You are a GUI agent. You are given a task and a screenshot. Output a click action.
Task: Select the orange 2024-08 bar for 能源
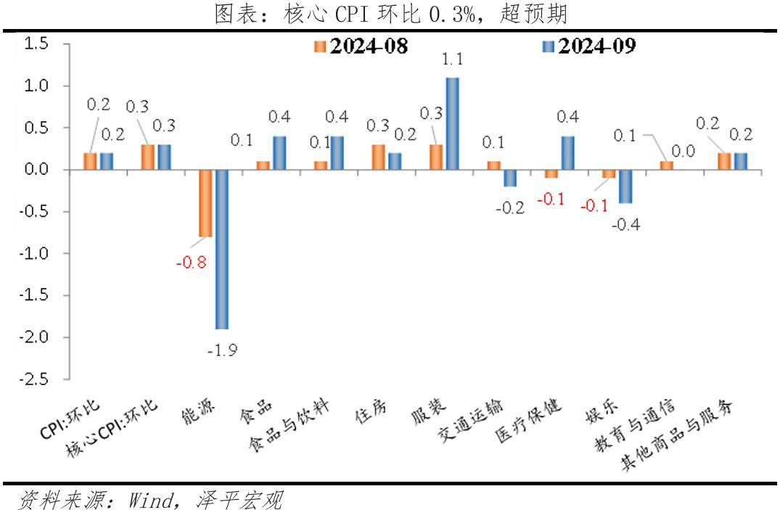pyautogui.click(x=205, y=203)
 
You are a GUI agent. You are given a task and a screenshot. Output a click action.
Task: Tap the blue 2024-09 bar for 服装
pyautogui.click(x=452, y=123)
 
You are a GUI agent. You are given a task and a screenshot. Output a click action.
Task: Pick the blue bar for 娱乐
pyautogui.click(x=625, y=186)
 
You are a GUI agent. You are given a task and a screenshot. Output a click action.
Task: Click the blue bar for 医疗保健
pyautogui.click(x=567, y=153)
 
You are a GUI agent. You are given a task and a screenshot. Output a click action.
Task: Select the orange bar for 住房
pyautogui.click(x=378, y=157)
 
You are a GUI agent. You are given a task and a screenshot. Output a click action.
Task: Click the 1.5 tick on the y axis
pyautogui.click(x=37, y=44)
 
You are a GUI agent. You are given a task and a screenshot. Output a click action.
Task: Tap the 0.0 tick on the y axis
pyautogui.click(x=37, y=170)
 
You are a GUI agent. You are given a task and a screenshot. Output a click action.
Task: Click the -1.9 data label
pyautogui.click(x=222, y=350)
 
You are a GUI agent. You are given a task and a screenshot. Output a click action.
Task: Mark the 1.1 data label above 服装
pyautogui.click(x=452, y=59)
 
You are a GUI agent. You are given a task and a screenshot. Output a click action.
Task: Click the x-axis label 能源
pyautogui.click(x=198, y=413)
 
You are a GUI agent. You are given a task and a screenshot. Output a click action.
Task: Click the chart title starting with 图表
pyautogui.click(x=390, y=12)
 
